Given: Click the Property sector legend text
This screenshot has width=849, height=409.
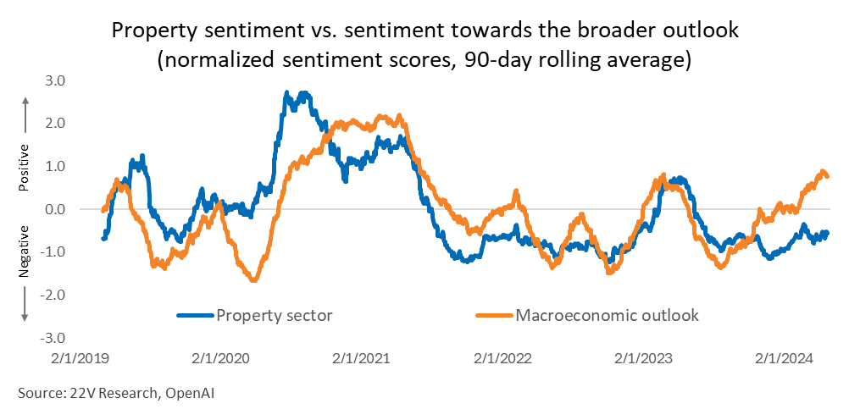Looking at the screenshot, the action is coord(275,315).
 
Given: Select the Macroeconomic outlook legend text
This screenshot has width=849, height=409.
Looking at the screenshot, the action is coord(607,315).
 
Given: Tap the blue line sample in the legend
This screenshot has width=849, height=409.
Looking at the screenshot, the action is coord(196,315).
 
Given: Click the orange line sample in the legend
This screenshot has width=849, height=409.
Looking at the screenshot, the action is coord(494,315).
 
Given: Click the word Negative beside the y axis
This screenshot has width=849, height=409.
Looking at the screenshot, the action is coord(24,252).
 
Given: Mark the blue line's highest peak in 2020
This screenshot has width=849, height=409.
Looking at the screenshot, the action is coord(287,92).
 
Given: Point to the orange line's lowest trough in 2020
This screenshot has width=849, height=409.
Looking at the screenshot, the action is coord(252,279).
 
